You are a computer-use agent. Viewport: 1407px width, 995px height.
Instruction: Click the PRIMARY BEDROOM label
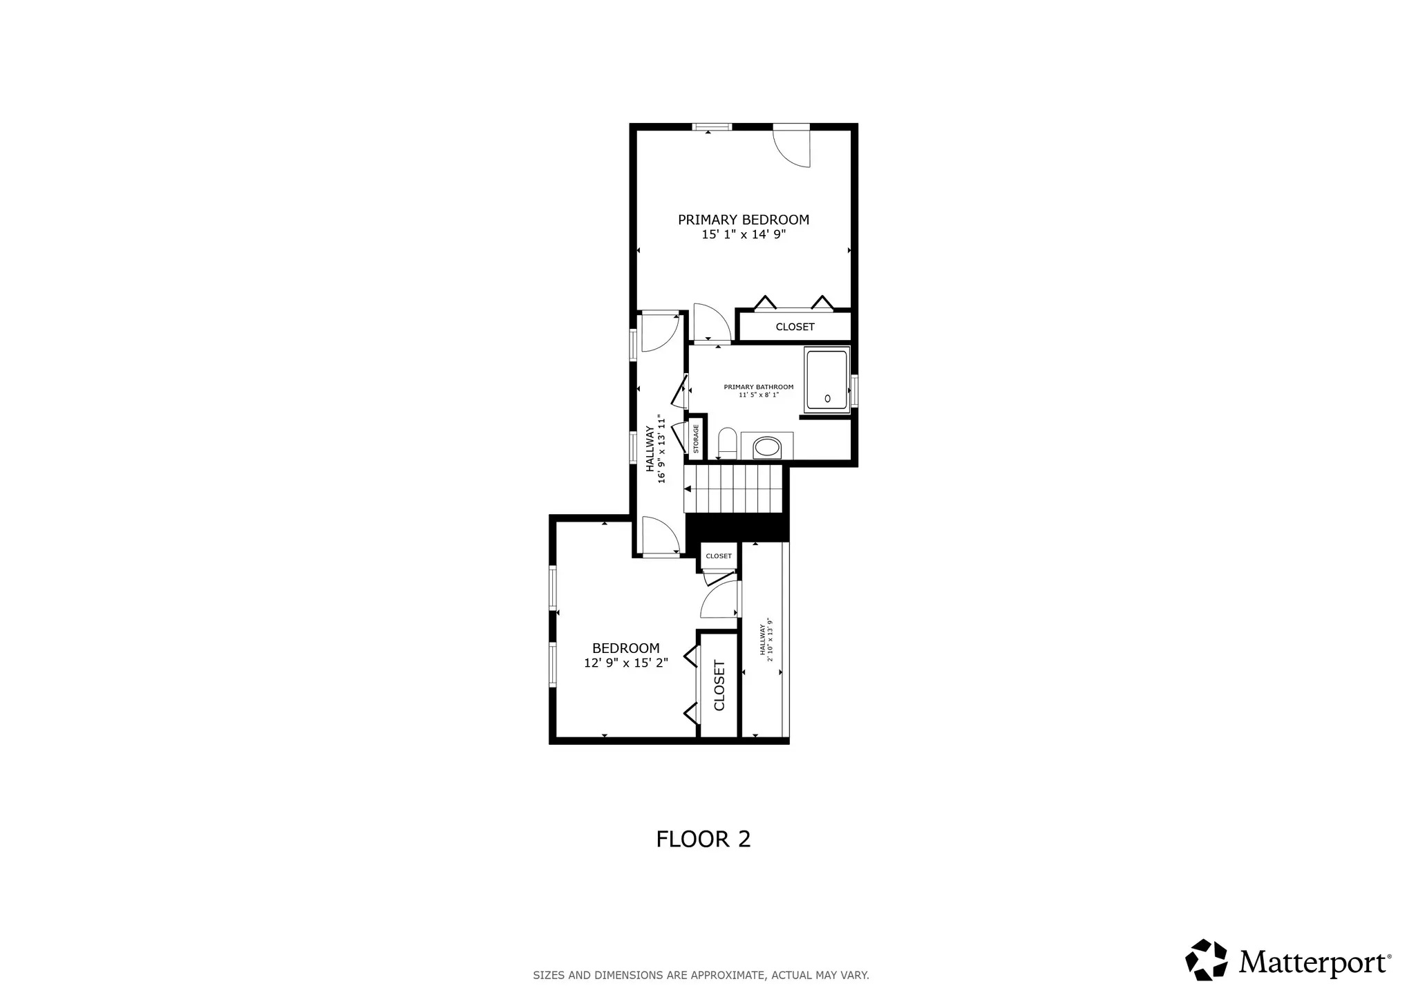743,220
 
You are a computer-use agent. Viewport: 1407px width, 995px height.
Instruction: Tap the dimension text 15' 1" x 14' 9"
744,235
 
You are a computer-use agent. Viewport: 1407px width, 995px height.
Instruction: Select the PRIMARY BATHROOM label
758,387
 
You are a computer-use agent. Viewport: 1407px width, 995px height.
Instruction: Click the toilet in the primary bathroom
727,443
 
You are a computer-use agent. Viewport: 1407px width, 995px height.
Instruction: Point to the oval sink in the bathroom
767,448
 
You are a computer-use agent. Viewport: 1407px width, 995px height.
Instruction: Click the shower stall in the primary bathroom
827,381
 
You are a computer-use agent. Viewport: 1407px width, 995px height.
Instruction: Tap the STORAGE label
696,438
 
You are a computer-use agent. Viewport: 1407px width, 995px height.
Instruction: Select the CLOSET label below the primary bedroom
795,327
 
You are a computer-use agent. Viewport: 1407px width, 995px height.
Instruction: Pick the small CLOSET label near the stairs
719,556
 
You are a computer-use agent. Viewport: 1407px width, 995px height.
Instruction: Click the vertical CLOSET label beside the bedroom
719,685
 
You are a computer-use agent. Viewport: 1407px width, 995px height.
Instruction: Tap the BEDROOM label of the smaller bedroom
625,648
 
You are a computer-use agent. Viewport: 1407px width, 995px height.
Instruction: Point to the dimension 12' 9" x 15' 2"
625,663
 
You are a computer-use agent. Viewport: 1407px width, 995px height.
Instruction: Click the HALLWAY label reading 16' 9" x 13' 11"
655,448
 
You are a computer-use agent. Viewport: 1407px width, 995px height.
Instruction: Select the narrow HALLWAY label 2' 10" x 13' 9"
766,640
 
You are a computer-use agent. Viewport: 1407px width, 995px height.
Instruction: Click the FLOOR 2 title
703,839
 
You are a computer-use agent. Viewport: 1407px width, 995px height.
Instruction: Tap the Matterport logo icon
1206,960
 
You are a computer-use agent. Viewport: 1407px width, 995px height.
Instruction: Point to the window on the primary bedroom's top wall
712,127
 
